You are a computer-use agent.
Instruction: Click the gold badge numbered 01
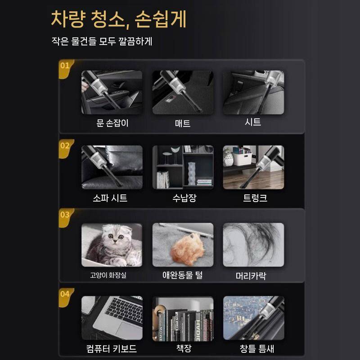[65, 68]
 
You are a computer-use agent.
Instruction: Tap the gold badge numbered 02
[65, 148]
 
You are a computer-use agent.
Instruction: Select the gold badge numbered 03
[65, 217]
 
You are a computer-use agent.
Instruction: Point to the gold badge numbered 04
[65, 297]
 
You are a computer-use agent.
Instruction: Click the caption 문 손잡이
[112, 123]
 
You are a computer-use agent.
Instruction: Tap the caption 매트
[183, 123]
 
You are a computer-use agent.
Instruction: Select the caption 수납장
[184, 198]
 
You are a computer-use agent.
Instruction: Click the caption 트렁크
[255, 198]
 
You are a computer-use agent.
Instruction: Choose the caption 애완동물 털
[183, 275]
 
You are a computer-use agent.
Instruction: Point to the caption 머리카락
[251, 275]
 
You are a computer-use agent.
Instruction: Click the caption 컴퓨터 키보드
[112, 348]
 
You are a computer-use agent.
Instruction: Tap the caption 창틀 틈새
[257, 348]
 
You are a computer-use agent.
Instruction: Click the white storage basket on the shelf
[243, 158]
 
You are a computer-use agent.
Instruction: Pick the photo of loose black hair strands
[253, 245]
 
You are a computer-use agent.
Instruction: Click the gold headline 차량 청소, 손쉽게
[118, 19]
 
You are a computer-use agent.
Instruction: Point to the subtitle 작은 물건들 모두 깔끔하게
[102, 41]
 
